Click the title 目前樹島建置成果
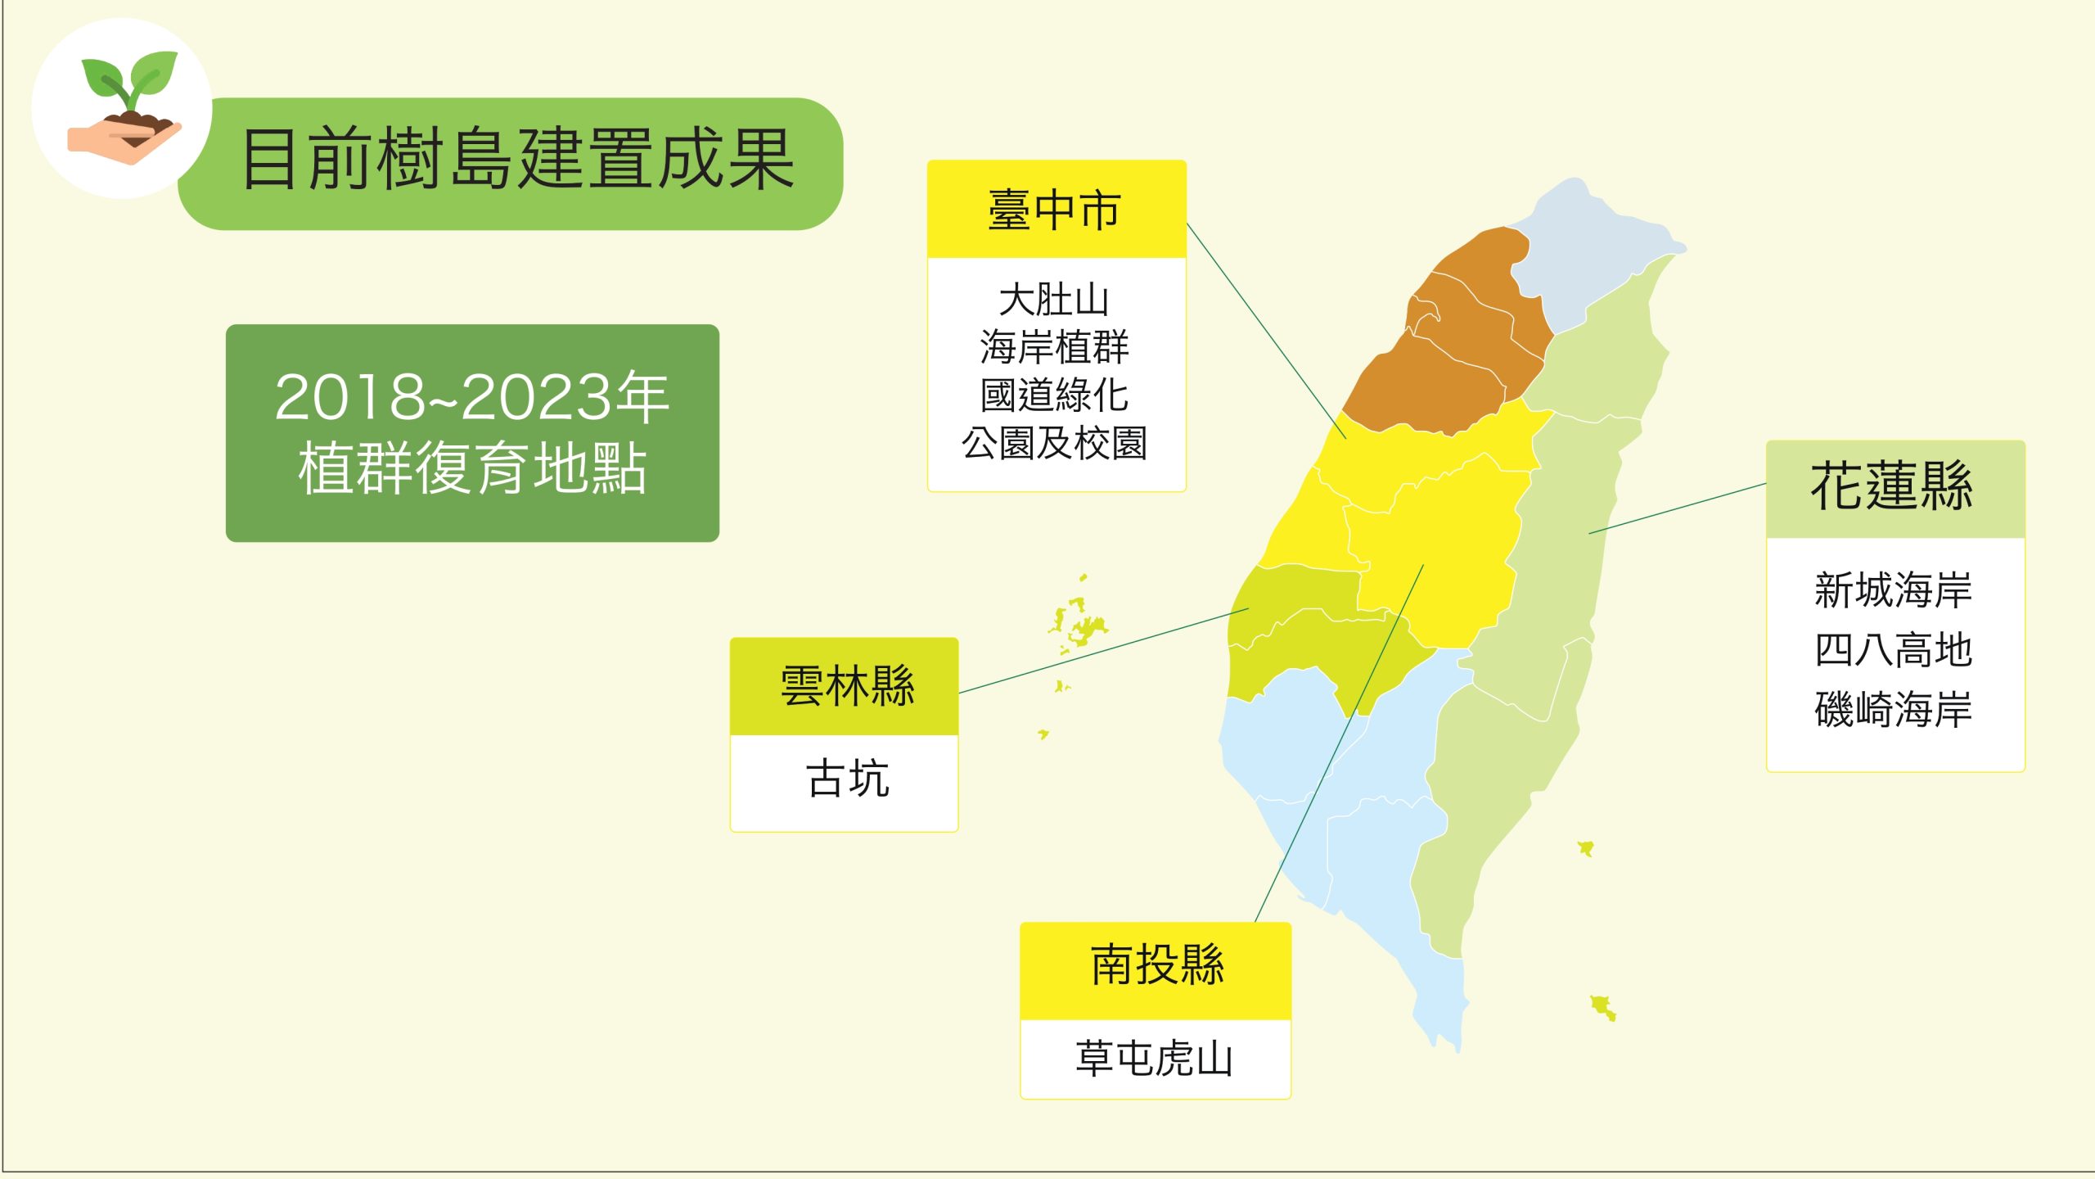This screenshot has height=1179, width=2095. pyautogui.click(x=518, y=160)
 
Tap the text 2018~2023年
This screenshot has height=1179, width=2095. pyautogui.click(x=472, y=397)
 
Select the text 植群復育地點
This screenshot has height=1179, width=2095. pyautogui.click(x=472, y=468)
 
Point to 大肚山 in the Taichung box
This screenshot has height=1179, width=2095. pyautogui.click(x=1054, y=300)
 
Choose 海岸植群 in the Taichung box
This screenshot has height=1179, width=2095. pyautogui.click(x=1054, y=347)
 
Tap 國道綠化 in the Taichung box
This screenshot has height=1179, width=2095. pyautogui.click(x=1054, y=395)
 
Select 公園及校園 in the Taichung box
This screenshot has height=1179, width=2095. pyautogui.click(x=1054, y=443)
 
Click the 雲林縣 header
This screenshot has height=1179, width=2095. pyautogui.click(x=848, y=686)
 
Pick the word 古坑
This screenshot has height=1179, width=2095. pyautogui.click(x=848, y=778)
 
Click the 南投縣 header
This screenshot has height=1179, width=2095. pyautogui.click(x=1157, y=964)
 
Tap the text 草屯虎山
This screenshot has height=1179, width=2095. pyautogui.click(x=1155, y=1059)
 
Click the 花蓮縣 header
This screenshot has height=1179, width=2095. pyautogui.click(x=1892, y=486)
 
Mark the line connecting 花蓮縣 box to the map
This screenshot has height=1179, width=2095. pyautogui.click(x=1678, y=508)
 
